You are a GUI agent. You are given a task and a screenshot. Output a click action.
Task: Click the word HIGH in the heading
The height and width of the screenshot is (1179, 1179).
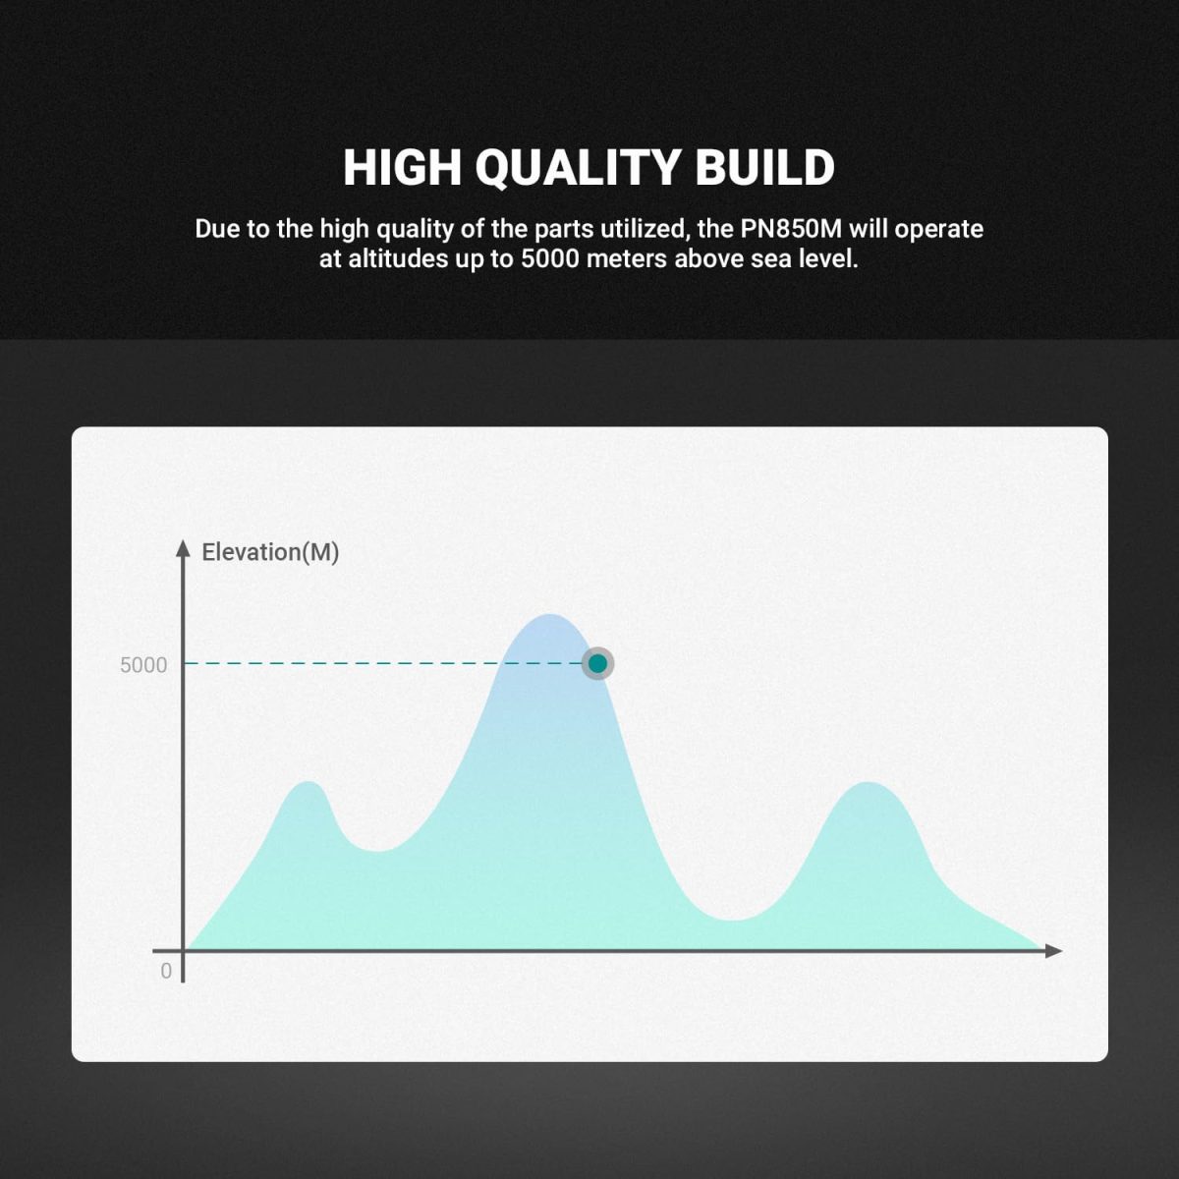pos(402,167)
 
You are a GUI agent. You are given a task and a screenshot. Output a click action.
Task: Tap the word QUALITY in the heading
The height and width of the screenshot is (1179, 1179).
pos(578,168)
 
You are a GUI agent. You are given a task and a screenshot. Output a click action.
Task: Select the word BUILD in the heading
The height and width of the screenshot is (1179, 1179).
pos(764,167)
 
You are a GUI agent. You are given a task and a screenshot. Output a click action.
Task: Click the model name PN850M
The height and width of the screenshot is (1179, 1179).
pos(791,229)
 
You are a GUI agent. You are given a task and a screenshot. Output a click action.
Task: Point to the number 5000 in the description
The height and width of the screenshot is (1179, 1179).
pos(550,258)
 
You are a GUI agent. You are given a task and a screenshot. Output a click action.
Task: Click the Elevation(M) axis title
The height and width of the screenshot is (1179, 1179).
pos(270,552)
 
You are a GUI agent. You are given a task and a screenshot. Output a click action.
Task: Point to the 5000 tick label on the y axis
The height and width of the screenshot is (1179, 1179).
pos(143,665)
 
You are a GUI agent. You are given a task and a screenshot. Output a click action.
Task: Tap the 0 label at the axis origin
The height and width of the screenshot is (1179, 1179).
pos(166,971)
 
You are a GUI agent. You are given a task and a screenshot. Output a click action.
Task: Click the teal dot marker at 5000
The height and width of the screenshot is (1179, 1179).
pos(597,663)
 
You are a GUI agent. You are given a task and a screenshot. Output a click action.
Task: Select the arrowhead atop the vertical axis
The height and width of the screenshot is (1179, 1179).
pos(183,549)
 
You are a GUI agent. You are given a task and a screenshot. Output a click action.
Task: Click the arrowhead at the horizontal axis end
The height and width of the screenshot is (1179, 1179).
pos(1053,951)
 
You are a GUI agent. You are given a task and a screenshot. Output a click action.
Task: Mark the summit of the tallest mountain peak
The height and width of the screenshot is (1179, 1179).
pos(550,614)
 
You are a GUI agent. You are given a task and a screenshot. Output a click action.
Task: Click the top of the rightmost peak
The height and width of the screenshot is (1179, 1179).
pos(869,782)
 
